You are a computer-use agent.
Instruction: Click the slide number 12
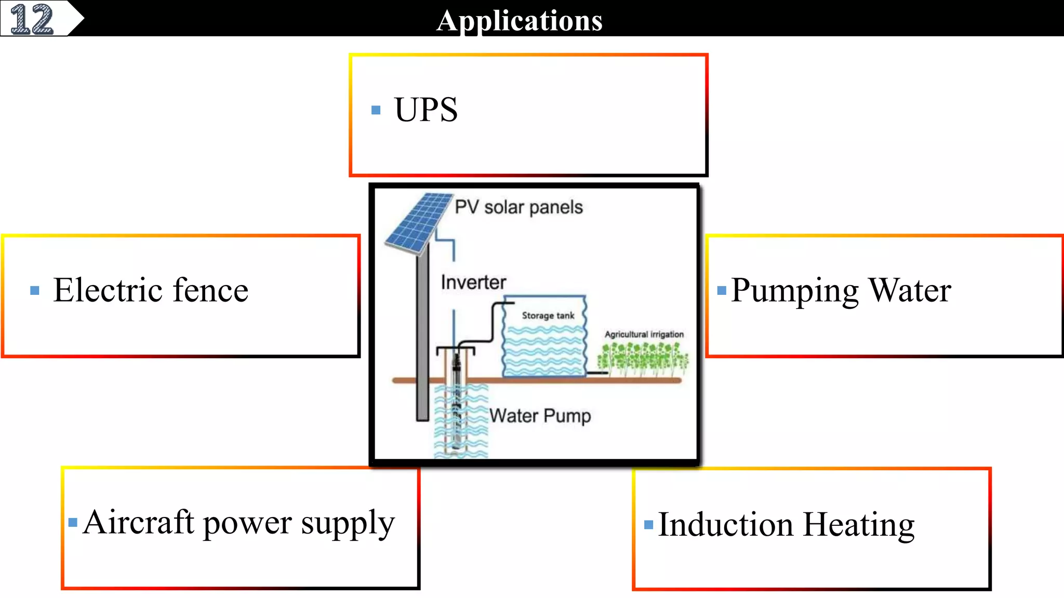click(x=32, y=19)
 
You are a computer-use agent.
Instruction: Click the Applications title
click(x=519, y=21)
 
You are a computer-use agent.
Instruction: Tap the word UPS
click(x=425, y=110)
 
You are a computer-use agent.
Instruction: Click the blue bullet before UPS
click(x=376, y=110)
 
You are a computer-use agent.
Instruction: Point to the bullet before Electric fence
click(x=35, y=291)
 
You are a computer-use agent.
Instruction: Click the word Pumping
click(x=795, y=291)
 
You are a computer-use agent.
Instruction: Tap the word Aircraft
click(x=138, y=522)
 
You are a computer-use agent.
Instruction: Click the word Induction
click(x=725, y=524)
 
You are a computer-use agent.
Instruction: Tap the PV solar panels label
click(x=518, y=207)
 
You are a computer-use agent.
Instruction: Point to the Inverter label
click(x=473, y=282)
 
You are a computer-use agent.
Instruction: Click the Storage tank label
click(x=548, y=316)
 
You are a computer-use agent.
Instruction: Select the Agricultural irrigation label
click(x=644, y=334)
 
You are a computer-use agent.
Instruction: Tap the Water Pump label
click(x=540, y=416)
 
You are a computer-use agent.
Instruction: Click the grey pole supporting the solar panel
click(x=422, y=337)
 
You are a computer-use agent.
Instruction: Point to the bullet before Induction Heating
click(x=648, y=525)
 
